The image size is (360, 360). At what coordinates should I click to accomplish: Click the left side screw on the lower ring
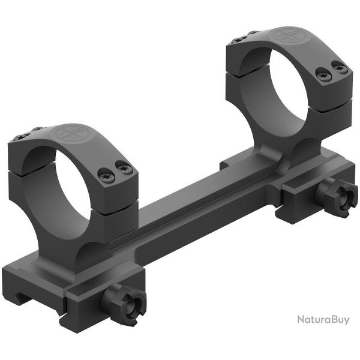[104, 174]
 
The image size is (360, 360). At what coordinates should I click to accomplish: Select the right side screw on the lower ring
[124, 169]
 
